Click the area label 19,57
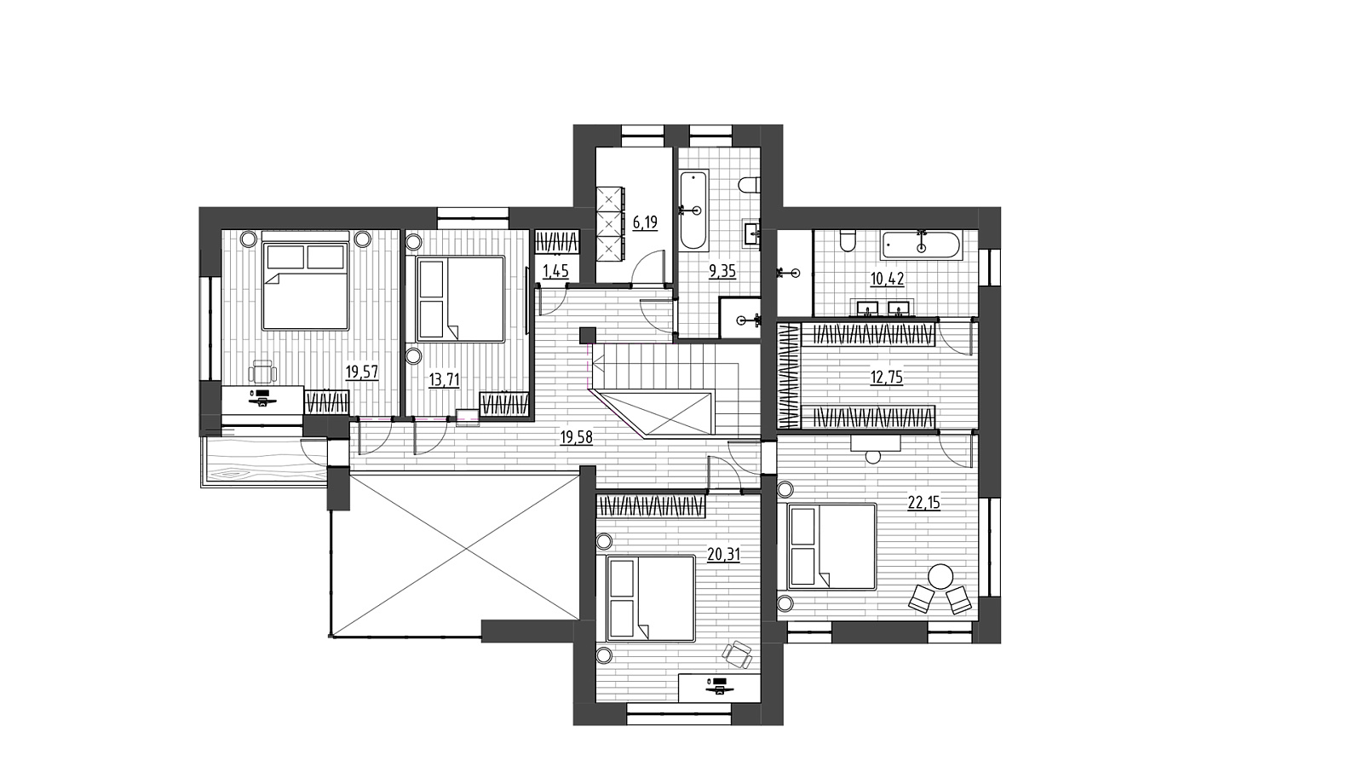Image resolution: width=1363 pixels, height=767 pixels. tap(362, 372)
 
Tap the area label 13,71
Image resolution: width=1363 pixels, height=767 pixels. tap(444, 380)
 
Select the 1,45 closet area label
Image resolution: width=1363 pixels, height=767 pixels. tap(555, 271)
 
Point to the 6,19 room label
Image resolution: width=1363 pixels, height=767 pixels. tap(645, 222)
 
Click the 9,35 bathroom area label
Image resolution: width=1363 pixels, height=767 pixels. tap(722, 271)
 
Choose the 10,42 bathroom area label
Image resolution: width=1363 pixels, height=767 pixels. tap(887, 280)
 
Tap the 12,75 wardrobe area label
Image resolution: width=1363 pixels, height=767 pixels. tap(886, 378)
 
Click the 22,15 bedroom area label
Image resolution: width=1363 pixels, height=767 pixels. tap(923, 503)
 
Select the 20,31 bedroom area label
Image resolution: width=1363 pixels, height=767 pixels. tap(723, 554)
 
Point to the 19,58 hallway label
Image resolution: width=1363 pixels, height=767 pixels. tap(576, 437)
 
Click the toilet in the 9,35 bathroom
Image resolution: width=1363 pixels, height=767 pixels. tap(750, 184)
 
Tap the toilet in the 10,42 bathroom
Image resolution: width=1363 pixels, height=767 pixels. tap(847, 241)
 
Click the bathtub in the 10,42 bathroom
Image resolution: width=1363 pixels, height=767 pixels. tap(921, 246)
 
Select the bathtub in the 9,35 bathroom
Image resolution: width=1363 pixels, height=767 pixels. tap(693, 210)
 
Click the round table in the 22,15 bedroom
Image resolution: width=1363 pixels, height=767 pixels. tap(941, 576)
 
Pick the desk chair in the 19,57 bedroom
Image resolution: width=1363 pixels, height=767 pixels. tap(263, 372)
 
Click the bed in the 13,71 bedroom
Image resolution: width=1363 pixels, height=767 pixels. tap(461, 299)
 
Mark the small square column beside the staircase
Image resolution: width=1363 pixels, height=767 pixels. tap(587, 336)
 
